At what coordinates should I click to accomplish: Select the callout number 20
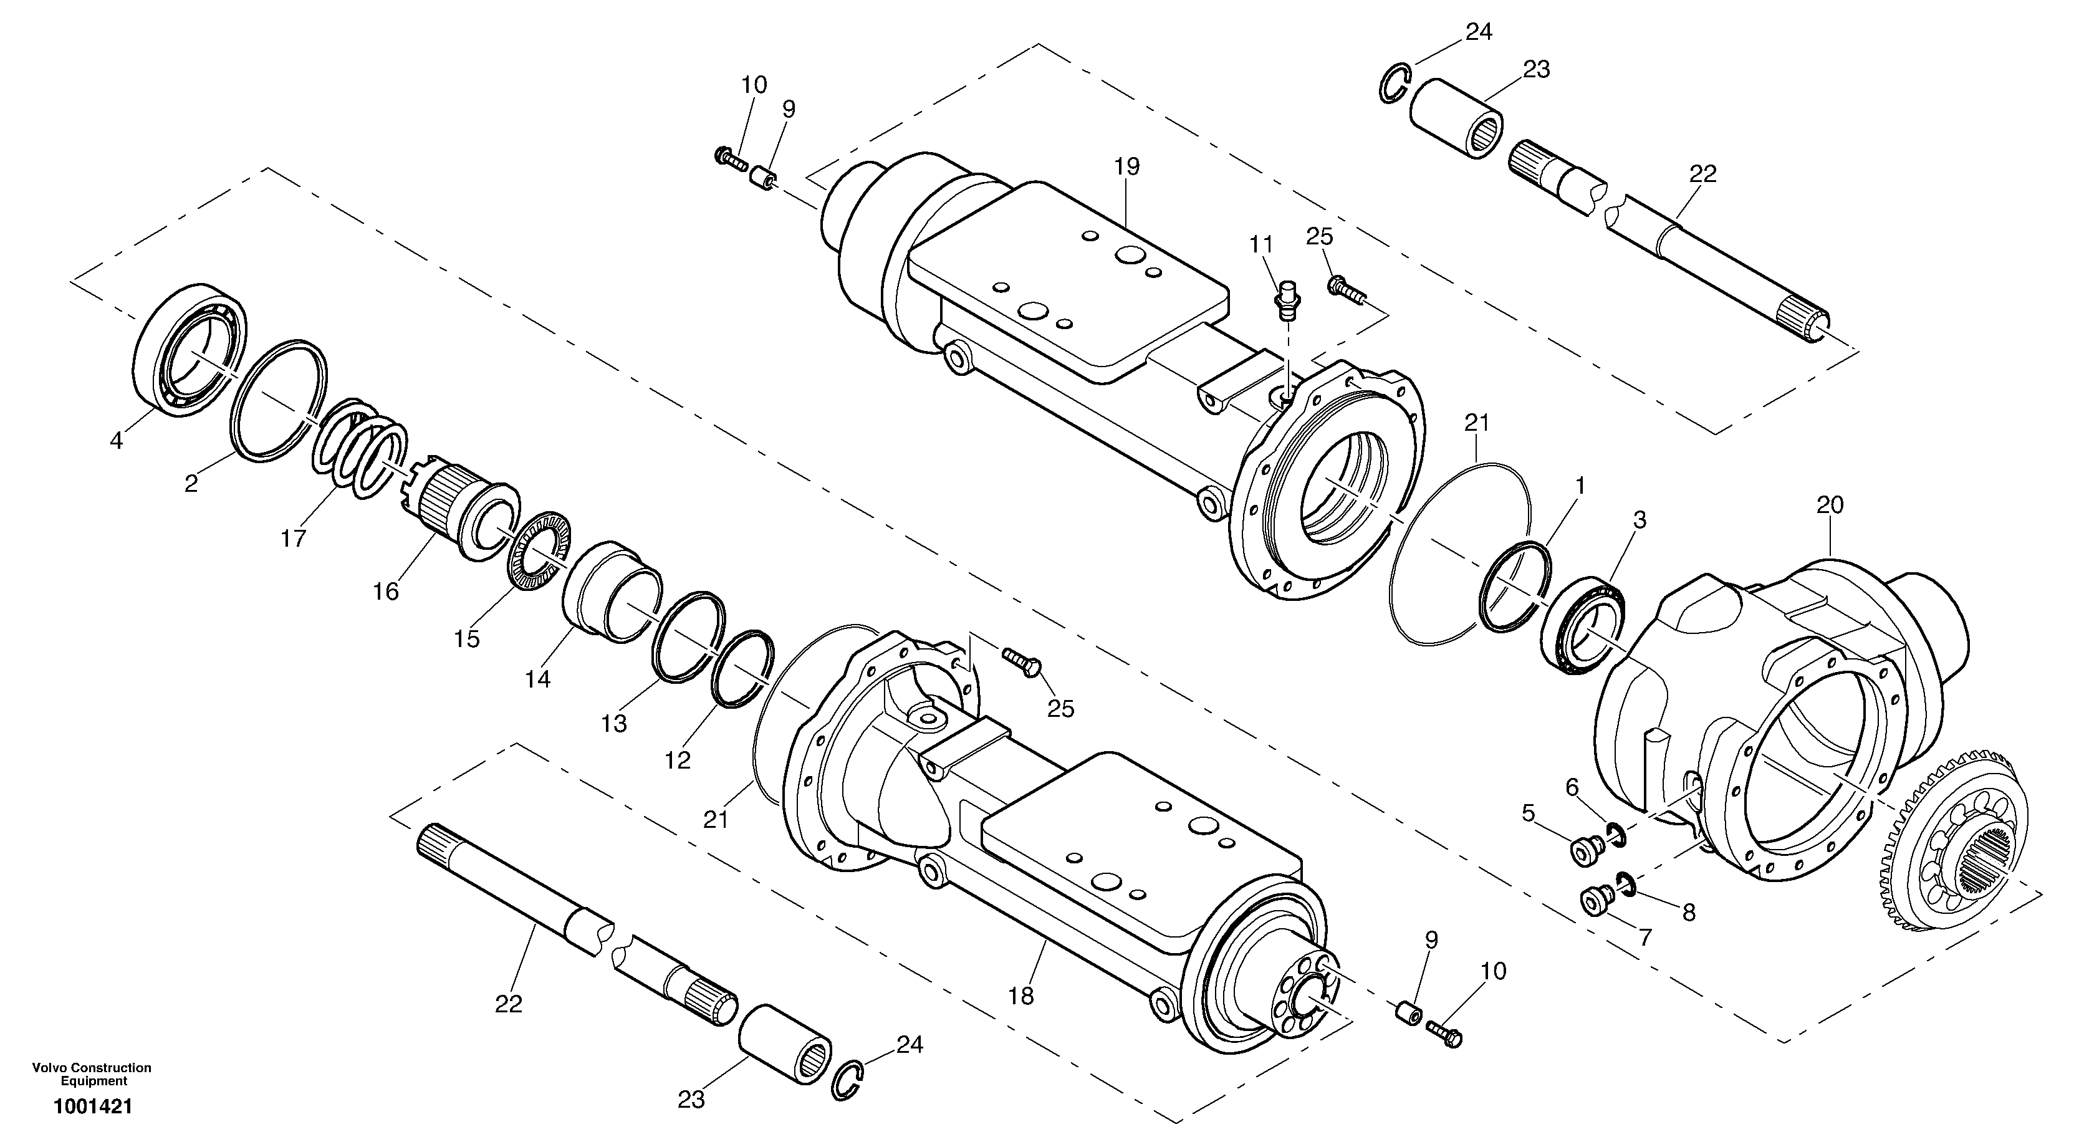tap(1830, 506)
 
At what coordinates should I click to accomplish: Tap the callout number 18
tap(1021, 997)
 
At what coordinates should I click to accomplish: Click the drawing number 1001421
tap(93, 1106)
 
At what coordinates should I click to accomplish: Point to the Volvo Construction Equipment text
tap(91, 1074)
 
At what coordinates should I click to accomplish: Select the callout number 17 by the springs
tap(293, 538)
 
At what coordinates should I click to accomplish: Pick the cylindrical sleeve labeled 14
tap(610, 592)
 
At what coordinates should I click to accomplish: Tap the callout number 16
tap(386, 592)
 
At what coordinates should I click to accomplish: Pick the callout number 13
tap(613, 724)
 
